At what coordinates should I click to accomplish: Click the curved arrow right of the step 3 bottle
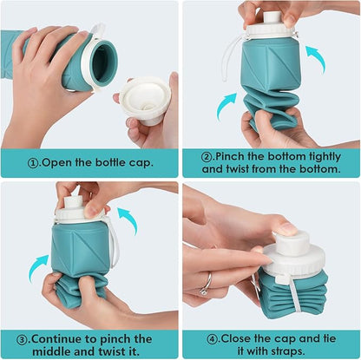coord(128,219)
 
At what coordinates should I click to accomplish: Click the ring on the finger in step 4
coord(206,283)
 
